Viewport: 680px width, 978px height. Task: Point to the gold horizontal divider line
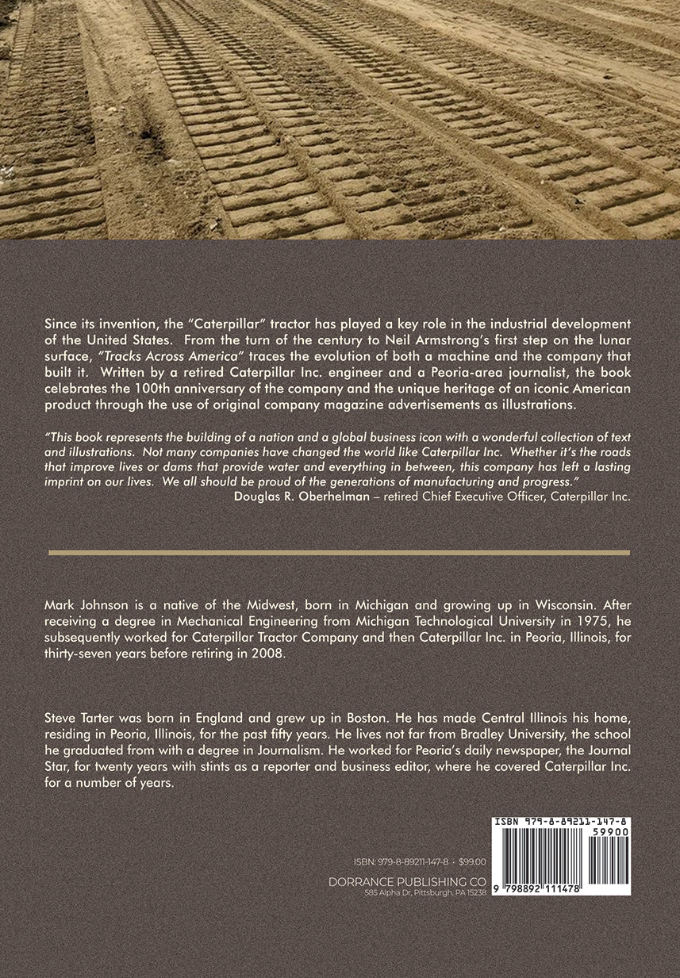(x=339, y=552)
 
